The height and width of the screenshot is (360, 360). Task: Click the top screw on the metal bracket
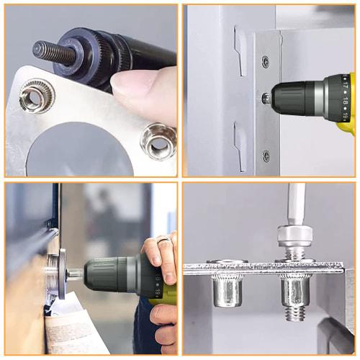(266, 61)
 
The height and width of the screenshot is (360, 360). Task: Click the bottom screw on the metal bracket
(266, 155)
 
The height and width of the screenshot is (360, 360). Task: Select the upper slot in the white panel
(239, 55)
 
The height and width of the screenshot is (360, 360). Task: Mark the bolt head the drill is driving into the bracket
(266, 98)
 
